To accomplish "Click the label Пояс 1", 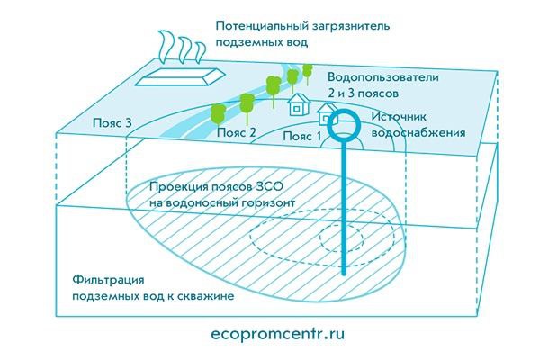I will [x=301, y=136].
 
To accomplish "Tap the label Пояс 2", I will [x=237, y=132].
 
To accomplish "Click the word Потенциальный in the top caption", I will [x=257, y=26].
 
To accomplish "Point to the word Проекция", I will [x=177, y=188].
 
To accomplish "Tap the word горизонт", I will [x=265, y=203].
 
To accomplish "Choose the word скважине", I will [x=208, y=296].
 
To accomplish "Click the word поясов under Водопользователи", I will [x=376, y=93].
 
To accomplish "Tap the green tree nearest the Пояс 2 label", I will [x=217, y=114].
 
